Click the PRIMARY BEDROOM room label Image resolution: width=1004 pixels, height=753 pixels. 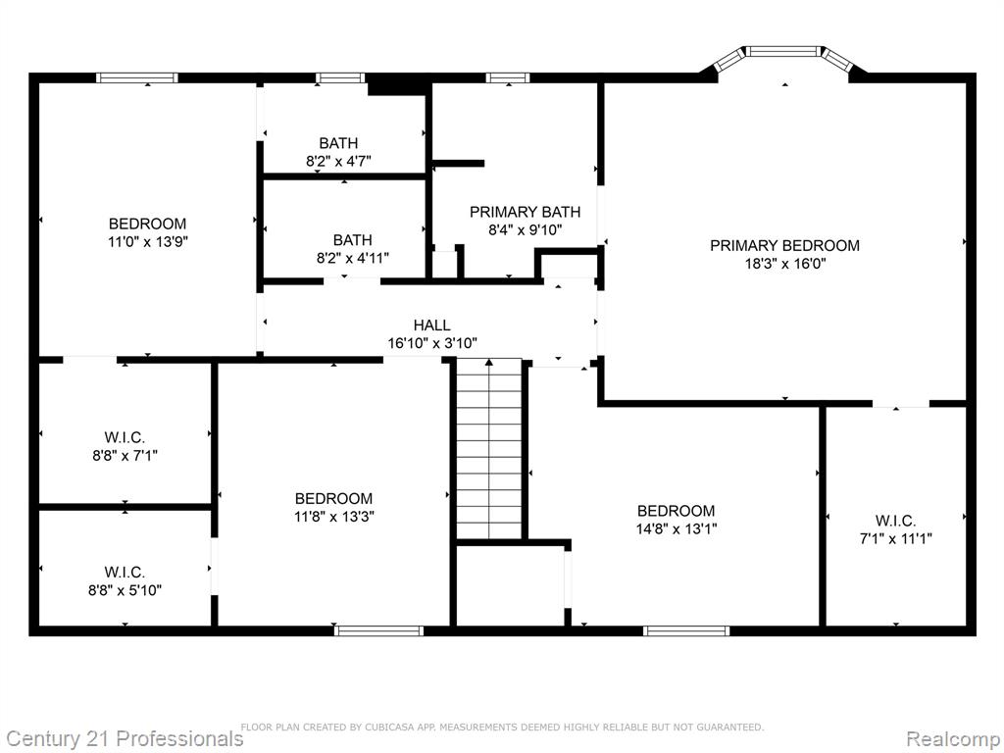click(784, 245)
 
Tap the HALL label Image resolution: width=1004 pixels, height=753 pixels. click(431, 326)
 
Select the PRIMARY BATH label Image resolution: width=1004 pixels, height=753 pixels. click(526, 212)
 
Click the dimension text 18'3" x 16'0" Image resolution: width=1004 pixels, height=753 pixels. click(785, 263)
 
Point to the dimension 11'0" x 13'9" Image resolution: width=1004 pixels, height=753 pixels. click(148, 241)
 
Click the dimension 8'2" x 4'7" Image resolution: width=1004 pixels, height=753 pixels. click(338, 161)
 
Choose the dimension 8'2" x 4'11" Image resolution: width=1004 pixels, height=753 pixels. click(352, 258)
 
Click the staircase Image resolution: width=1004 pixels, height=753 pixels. click(489, 449)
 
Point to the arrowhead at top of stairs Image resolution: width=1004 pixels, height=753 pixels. click(489, 363)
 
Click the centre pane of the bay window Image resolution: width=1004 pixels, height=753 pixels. click(784, 51)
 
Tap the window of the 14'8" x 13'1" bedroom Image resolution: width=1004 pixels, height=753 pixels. click(686, 630)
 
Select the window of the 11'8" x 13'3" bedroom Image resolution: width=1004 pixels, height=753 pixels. click(379, 630)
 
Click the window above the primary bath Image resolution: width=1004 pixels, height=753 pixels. click(508, 78)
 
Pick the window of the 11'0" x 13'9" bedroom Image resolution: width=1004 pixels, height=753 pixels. click(137, 78)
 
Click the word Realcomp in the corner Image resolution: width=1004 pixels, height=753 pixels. click(953, 739)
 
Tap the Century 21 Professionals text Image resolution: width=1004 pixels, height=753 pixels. click(123, 738)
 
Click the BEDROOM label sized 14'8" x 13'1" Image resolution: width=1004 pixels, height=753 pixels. click(676, 511)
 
